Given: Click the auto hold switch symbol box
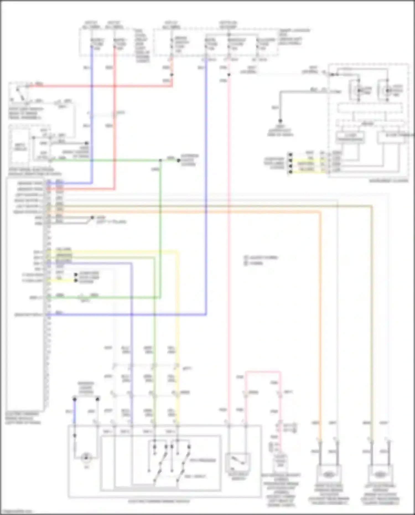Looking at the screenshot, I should (x=238, y=462).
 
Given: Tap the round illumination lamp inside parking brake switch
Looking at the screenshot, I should (x=86, y=458).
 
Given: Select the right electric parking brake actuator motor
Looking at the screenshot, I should (x=328, y=474).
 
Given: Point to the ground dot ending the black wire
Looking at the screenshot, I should (x=280, y=121).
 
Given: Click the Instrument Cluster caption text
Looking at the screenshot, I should (x=388, y=181).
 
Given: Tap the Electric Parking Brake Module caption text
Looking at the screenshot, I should (x=22, y=418).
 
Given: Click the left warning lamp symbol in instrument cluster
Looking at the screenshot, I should (x=359, y=90).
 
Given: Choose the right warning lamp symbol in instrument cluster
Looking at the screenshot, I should (x=388, y=90).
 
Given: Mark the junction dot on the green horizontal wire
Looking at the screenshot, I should (x=160, y=160).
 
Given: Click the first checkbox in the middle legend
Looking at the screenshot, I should (x=245, y=257).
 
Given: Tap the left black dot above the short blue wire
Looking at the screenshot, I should (x=74, y=399).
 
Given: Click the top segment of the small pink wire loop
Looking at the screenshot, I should (x=263, y=372).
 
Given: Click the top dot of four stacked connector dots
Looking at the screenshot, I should (x=290, y=154).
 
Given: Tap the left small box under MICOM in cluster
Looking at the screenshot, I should (x=350, y=137).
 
